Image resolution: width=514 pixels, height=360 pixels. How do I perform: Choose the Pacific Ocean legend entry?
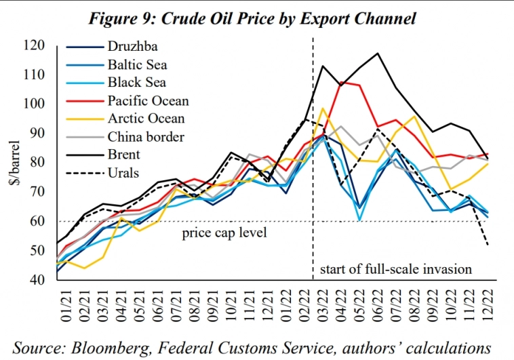click(x=148, y=101)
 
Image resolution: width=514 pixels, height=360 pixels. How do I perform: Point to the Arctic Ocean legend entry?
click(x=146, y=119)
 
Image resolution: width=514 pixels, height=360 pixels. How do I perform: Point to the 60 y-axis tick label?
click(x=54, y=221)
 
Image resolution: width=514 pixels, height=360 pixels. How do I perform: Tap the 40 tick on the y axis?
click(x=54, y=279)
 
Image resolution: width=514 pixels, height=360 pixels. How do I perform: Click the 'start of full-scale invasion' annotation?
click(x=395, y=269)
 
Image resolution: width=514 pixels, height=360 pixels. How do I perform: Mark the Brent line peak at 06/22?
click(x=378, y=53)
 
